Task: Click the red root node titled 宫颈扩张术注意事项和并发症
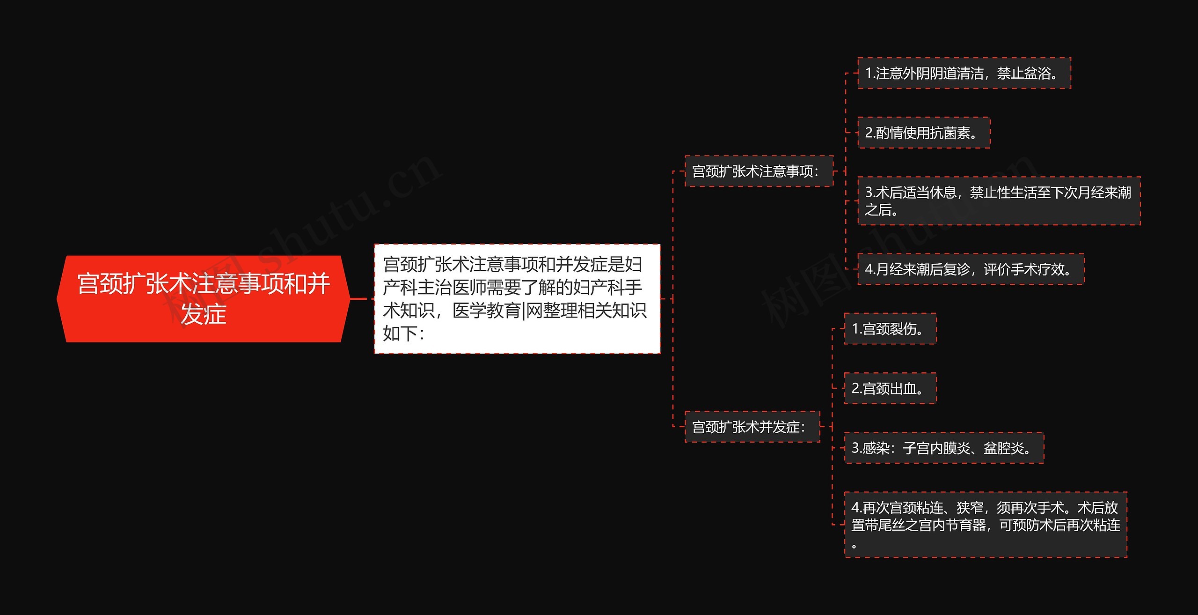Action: [x=204, y=298]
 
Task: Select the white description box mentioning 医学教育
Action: [x=517, y=298]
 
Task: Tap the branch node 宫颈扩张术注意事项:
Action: [x=759, y=171]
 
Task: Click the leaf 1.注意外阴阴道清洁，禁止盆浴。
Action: [x=964, y=74]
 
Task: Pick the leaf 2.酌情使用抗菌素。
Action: [x=923, y=133]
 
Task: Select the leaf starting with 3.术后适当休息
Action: [x=999, y=201]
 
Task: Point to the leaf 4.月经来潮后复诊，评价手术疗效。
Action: [x=970, y=269]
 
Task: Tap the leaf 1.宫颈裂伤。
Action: [x=890, y=329]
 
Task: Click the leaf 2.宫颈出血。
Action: [x=890, y=388]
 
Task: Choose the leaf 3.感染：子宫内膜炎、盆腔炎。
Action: [x=943, y=448]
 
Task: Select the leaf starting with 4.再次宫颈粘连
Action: [x=986, y=525]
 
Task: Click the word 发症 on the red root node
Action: [x=204, y=314]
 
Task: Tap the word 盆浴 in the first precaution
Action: [x=1037, y=74]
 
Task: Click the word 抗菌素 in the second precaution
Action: [x=950, y=133]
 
